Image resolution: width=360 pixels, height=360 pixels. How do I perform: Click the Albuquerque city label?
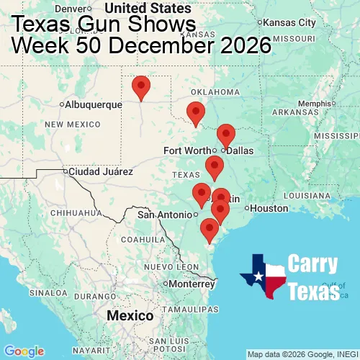click(x=94, y=105)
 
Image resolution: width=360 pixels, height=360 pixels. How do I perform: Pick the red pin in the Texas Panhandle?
click(x=142, y=87)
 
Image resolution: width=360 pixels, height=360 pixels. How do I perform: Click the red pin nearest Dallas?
click(x=225, y=135)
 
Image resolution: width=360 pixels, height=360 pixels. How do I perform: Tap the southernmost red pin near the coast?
click(x=209, y=230)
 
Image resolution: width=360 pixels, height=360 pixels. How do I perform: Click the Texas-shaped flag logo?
click(x=263, y=276)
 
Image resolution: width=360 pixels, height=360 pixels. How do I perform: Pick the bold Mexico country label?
click(x=130, y=316)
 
